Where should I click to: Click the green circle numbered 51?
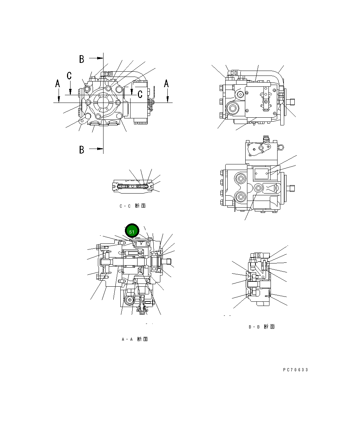click(132, 231)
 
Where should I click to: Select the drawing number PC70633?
click(295, 370)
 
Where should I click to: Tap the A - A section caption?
click(135, 339)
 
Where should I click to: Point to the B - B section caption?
click(262, 327)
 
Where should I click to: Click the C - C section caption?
click(132, 206)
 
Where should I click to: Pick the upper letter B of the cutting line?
click(82, 59)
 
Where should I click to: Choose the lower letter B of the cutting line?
click(82, 150)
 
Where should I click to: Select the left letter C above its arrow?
click(69, 75)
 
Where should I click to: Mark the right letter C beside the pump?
click(140, 94)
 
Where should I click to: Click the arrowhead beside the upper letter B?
click(100, 58)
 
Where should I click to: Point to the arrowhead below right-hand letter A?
click(168, 100)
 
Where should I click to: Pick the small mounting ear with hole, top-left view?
click(82, 121)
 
